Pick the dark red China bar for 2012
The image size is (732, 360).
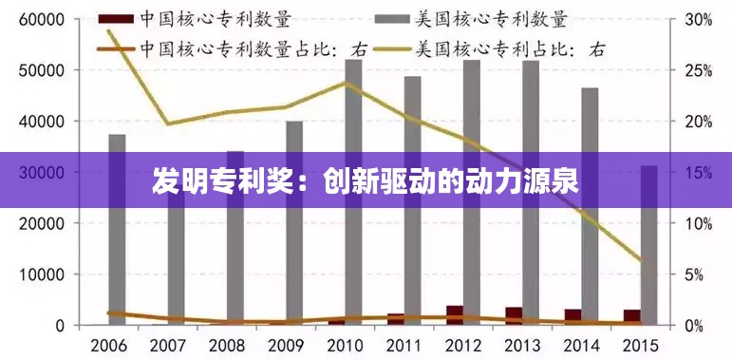(455, 315)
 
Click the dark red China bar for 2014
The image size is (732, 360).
(572, 316)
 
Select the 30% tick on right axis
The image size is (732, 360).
(698, 19)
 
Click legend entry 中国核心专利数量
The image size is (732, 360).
(215, 18)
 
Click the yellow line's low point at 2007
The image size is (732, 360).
(168, 123)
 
